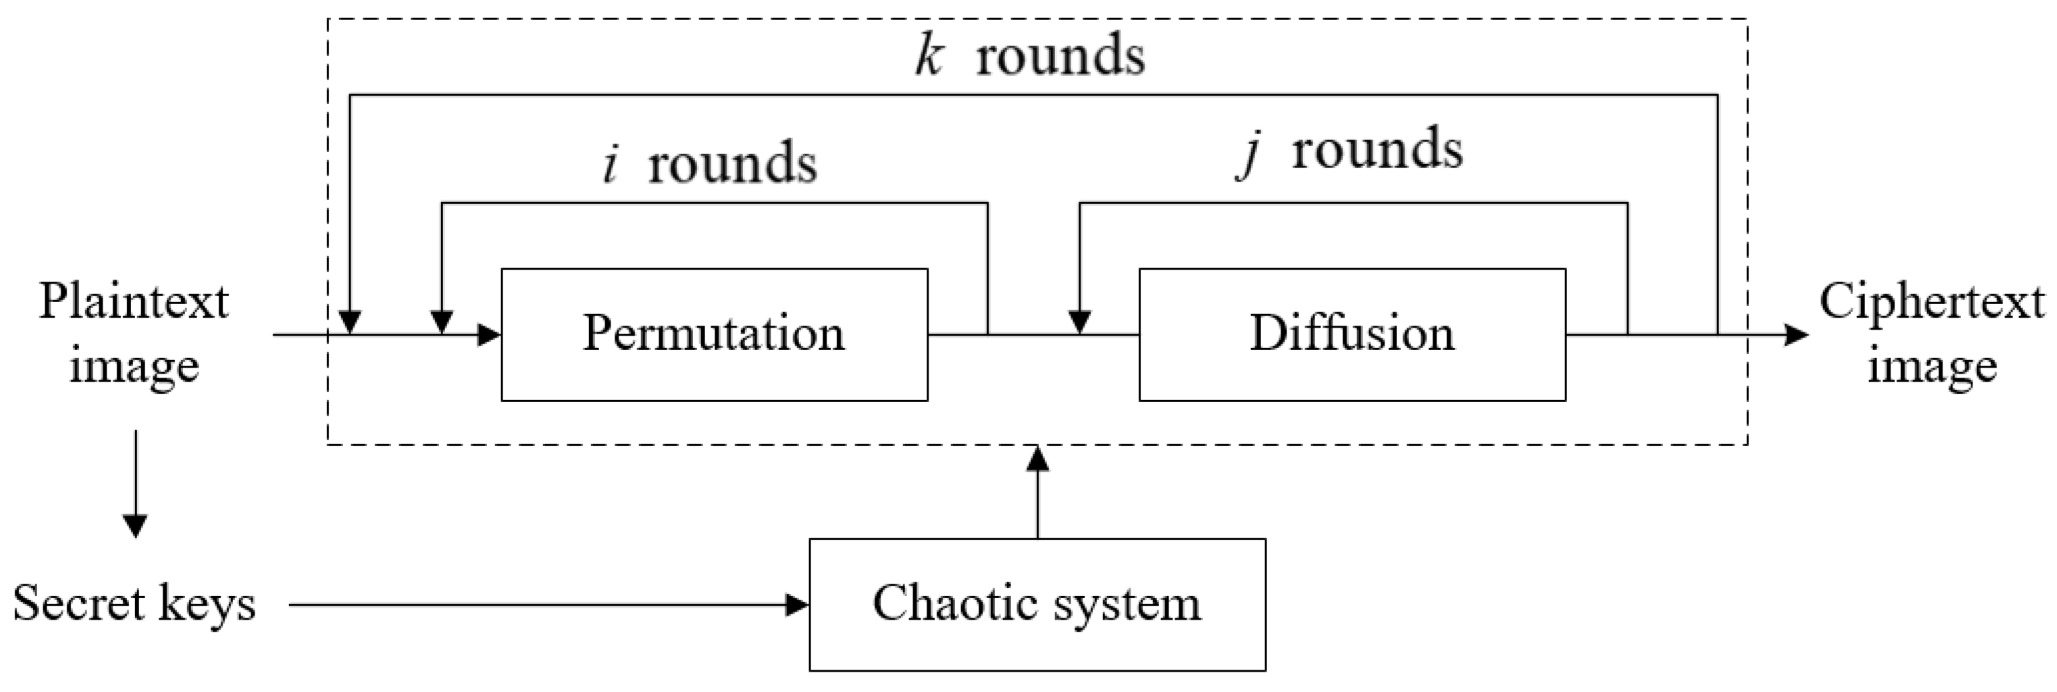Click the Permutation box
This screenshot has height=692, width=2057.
pos(714,334)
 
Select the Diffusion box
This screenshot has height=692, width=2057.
pos(1351,334)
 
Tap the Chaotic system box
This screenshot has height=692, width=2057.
pos(1036,605)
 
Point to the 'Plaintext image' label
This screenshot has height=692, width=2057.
pos(134,334)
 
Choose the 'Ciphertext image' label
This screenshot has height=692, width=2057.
pos(1931,334)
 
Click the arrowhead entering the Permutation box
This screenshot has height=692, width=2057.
pos(489,334)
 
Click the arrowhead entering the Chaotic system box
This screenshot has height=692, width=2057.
pos(797,605)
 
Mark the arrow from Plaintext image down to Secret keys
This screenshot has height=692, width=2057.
pos(135,483)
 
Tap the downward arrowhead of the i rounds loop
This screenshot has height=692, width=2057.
pos(442,322)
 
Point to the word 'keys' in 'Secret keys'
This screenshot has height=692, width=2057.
pos(207,605)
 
